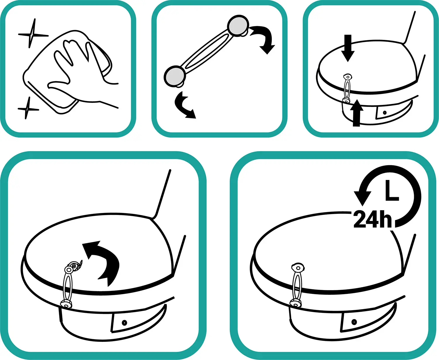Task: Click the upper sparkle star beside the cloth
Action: [x=32, y=34]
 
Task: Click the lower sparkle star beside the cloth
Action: [x=28, y=108]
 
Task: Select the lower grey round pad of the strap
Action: [x=175, y=76]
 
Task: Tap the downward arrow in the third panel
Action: [x=348, y=48]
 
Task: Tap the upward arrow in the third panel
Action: [x=356, y=113]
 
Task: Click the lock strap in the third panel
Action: [x=347, y=88]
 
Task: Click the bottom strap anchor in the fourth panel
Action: [x=66, y=304]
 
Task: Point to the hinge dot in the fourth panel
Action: [x=124, y=323]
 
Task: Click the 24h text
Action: [x=373, y=219]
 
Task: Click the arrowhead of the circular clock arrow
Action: [x=363, y=198]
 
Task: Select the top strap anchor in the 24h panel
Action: [x=298, y=268]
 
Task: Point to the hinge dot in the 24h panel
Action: [x=354, y=322]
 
